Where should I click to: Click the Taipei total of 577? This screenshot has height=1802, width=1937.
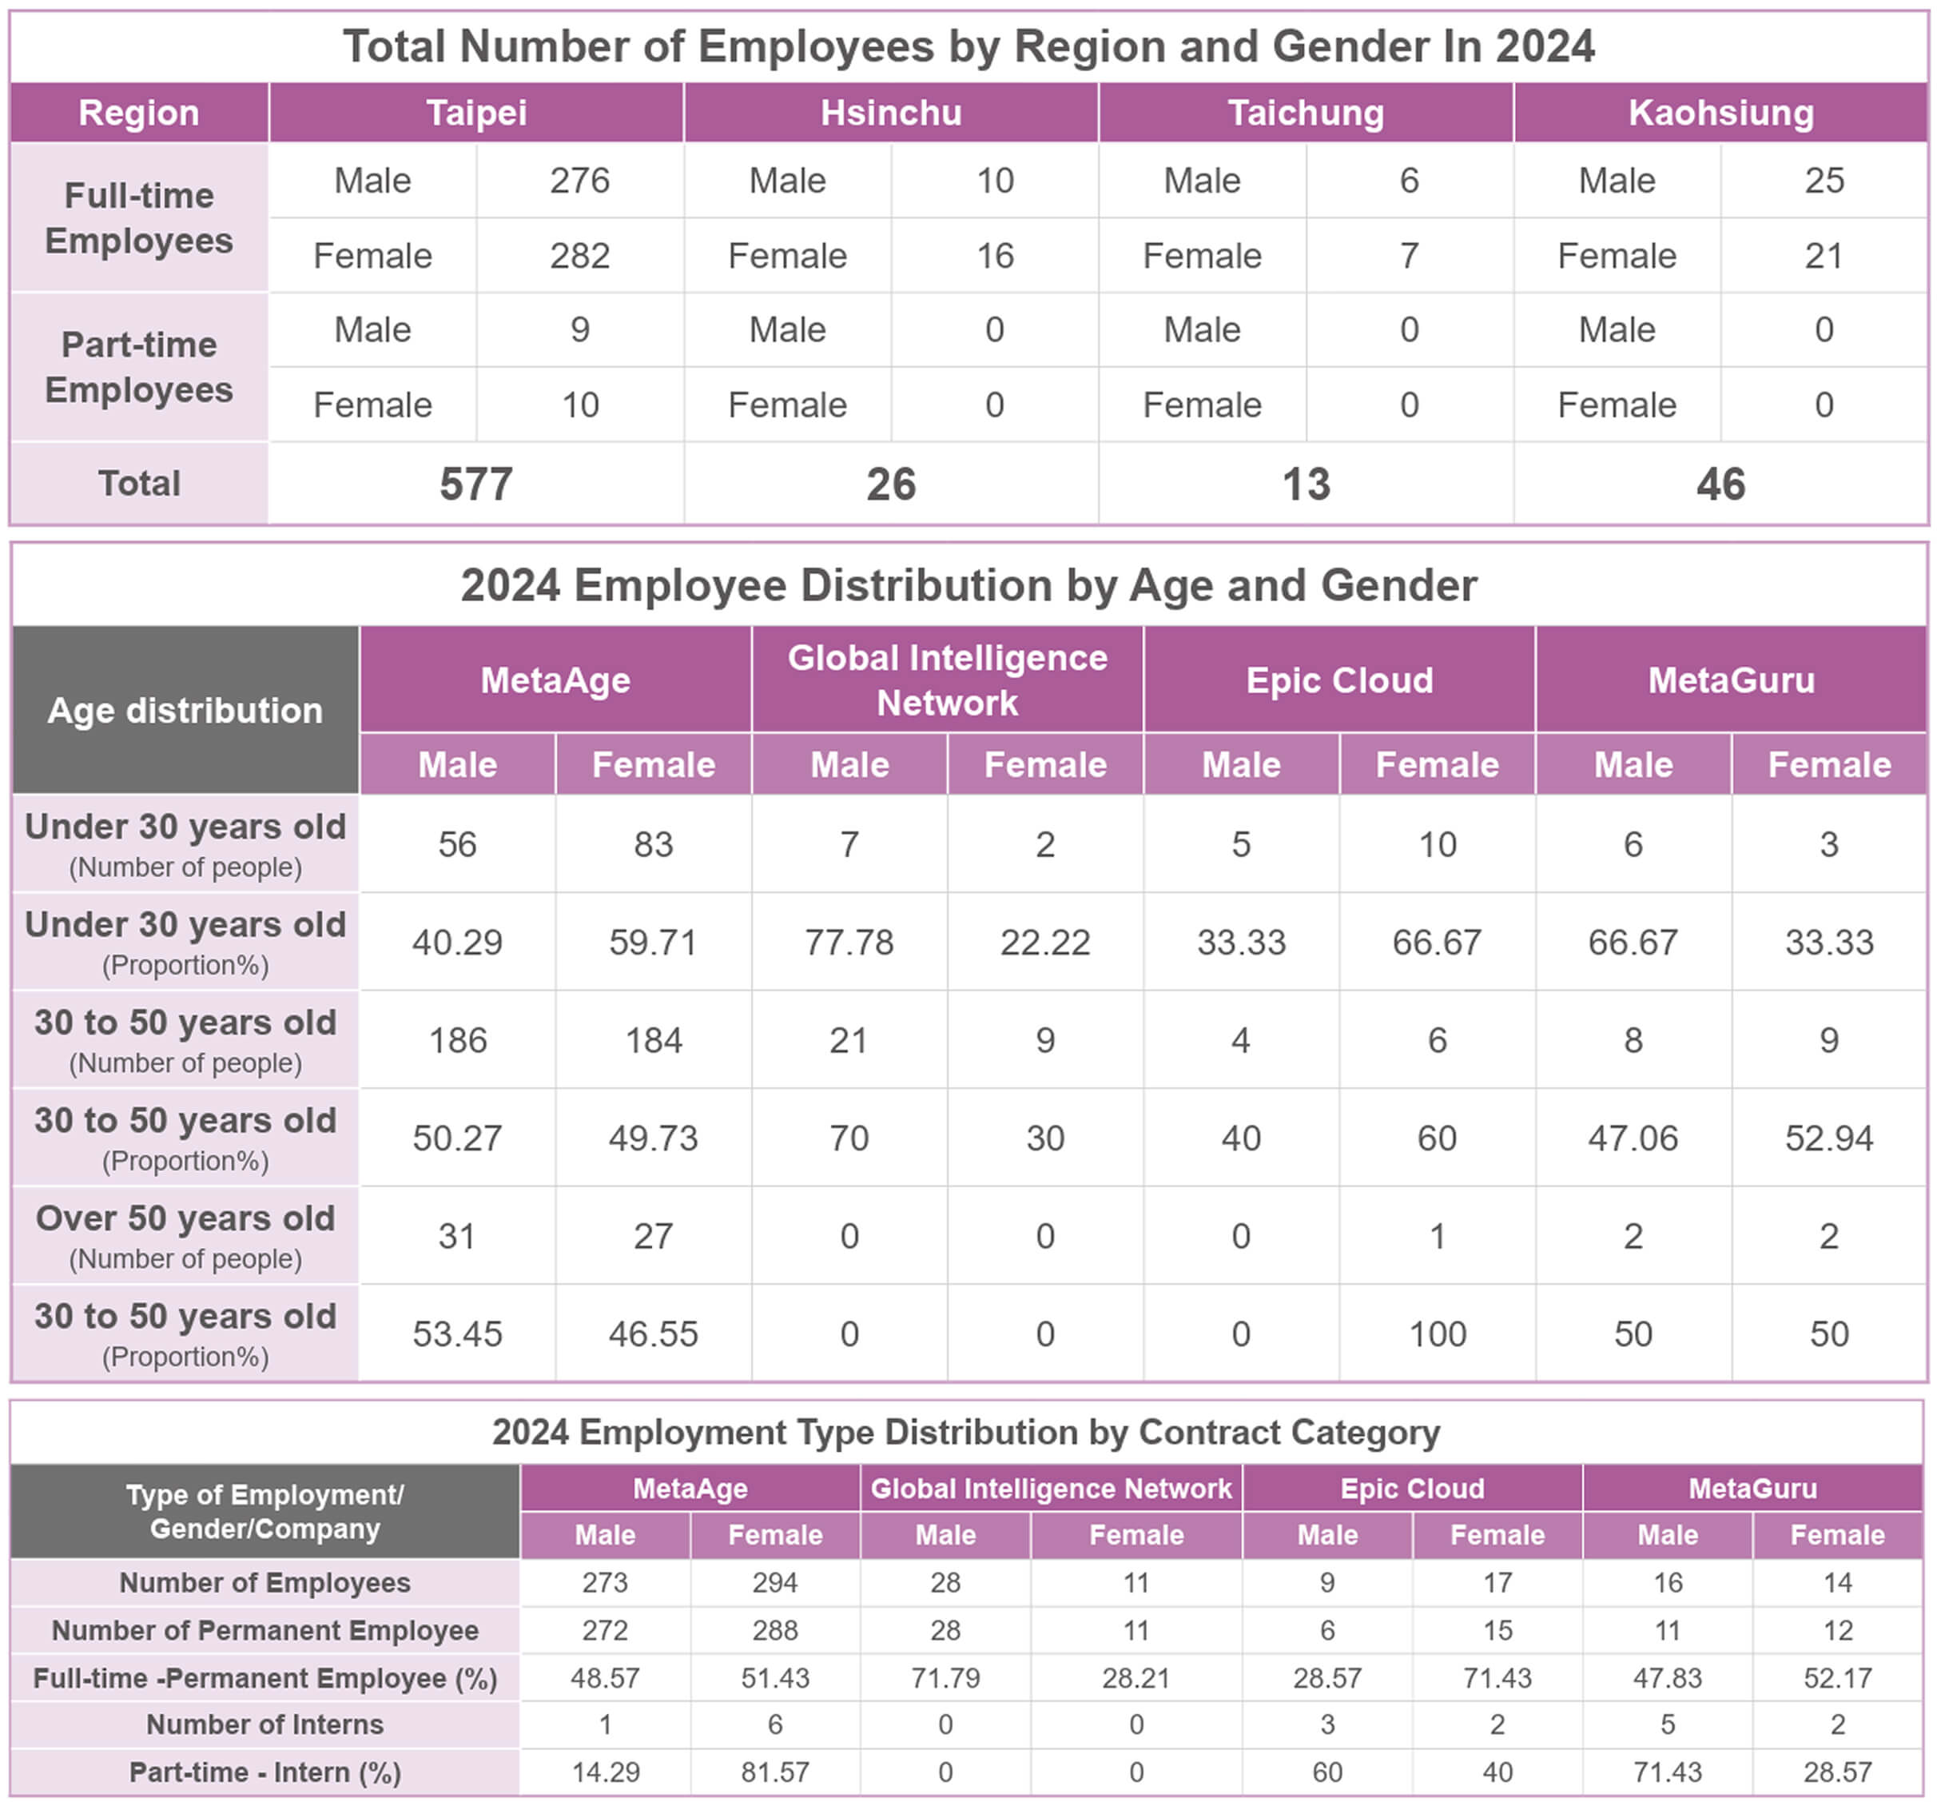[475, 484]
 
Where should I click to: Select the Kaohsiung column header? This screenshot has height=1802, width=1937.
[1720, 113]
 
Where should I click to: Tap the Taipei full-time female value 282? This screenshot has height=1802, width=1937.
[579, 255]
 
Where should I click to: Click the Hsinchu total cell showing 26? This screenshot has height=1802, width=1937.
[890, 484]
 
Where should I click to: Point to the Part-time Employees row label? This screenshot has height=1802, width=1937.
[138, 368]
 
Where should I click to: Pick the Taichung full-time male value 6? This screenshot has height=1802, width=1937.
[1409, 181]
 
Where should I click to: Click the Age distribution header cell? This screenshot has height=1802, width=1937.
[185, 711]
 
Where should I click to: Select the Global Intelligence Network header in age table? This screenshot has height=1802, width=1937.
[947, 680]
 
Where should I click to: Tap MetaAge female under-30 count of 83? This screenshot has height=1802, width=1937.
[653, 844]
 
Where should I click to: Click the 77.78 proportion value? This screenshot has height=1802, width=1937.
[849, 943]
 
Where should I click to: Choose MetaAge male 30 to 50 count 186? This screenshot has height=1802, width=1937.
[457, 1041]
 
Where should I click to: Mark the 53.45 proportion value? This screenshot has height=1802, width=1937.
[457, 1334]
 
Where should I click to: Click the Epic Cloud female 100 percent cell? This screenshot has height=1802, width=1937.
[1437, 1334]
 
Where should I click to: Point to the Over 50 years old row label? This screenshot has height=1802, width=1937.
[185, 1236]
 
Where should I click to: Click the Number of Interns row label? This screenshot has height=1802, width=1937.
[265, 1724]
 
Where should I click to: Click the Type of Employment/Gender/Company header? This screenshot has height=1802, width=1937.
[265, 1512]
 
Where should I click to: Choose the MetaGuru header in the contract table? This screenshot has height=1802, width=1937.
[1752, 1488]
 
